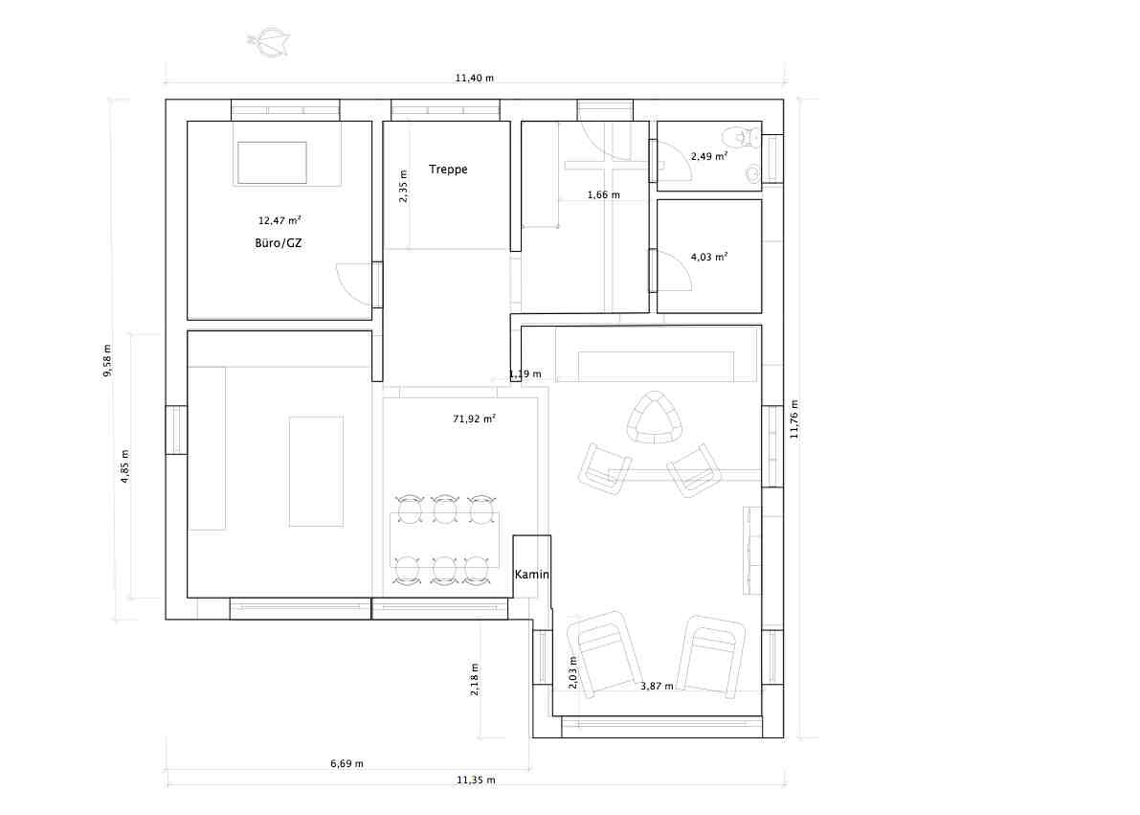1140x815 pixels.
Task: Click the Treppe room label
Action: [x=448, y=170]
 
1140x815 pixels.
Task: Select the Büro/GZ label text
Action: [x=279, y=243]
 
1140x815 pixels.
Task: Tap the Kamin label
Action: [x=531, y=574]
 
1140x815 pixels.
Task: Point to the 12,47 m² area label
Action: [x=279, y=219]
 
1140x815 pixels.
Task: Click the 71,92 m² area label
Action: [x=474, y=419]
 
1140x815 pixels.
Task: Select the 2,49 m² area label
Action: [x=709, y=156]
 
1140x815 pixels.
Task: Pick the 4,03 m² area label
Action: [x=709, y=256]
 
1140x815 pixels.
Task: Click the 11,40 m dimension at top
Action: [x=475, y=78]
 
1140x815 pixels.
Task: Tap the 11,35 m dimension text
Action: [x=476, y=780]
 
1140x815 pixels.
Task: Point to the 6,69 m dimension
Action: [x=346, y=763]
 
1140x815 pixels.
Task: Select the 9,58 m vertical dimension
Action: [x=107, y=360]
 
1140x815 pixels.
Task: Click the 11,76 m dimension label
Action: [x=794, y=419]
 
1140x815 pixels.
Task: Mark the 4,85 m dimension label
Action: [x=125, y=466]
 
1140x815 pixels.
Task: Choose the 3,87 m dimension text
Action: [x=657, y=686]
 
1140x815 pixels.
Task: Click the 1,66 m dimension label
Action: [x=603, y=194]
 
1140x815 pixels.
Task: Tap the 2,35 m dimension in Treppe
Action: [x=404, y=186]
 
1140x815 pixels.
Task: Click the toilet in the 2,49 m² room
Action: [x=742, y=136]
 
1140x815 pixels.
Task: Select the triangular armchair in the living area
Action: [x=657, y=418]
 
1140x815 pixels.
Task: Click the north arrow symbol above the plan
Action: [x=270, y=42]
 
